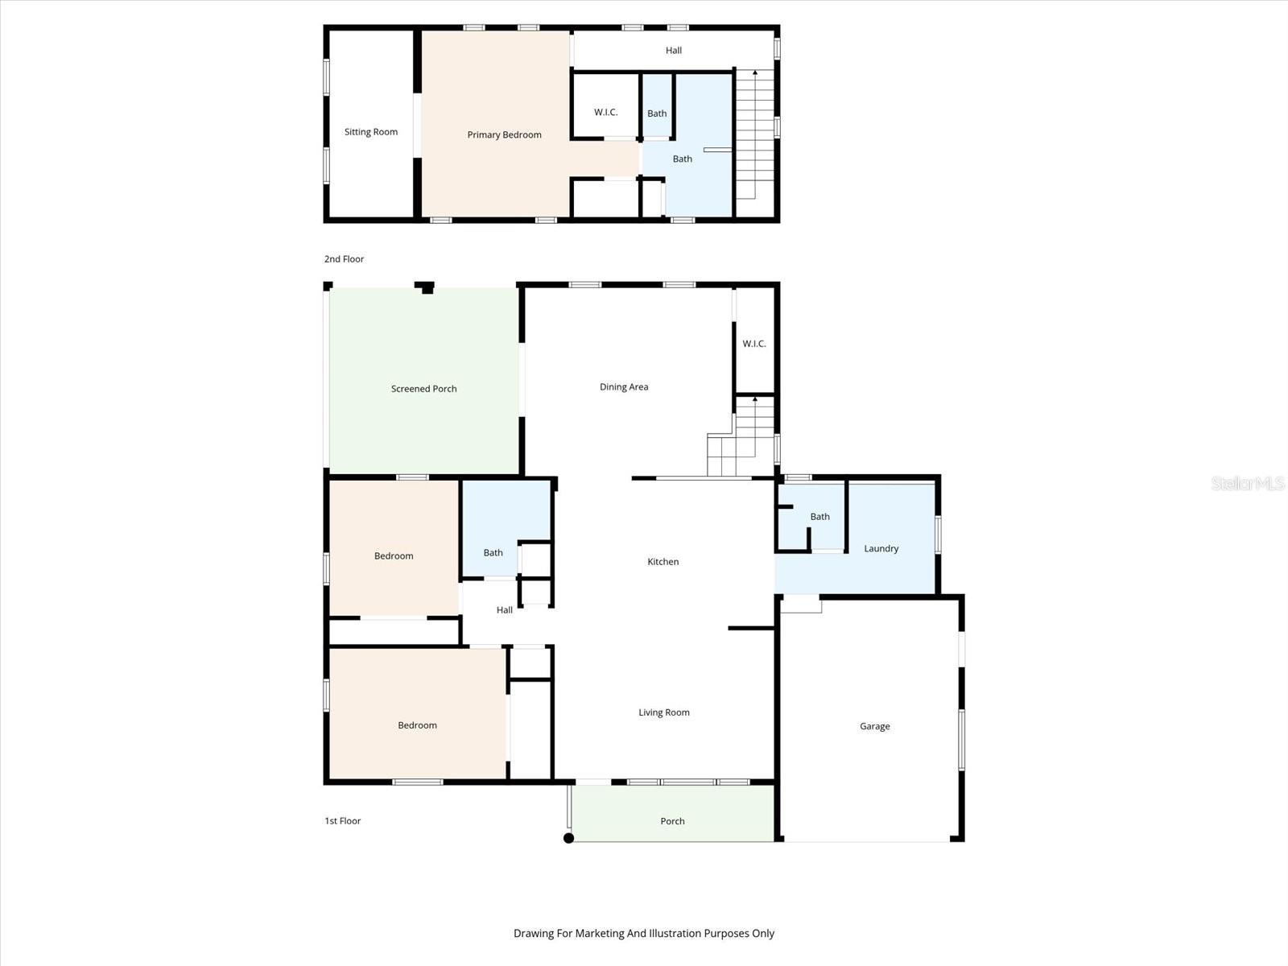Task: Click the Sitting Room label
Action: pos(370,132)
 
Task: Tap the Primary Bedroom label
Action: pos(504,134)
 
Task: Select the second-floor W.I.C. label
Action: pos(605,112)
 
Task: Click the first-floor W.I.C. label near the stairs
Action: pos(753,344)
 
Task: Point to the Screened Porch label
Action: pos(423,389)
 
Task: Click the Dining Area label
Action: pos(623,387)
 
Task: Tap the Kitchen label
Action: pos(663,562)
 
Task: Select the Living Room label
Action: pos(663,712)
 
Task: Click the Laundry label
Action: pos(881,549)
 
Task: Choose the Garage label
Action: pos(874,726)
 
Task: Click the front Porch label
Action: pos(672,821)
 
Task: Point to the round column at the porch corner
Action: pos(568,838)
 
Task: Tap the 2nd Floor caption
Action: pos(344,259)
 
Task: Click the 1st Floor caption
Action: pos(342,821)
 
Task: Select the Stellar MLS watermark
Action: pos(1247,483)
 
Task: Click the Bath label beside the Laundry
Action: pos(819,517)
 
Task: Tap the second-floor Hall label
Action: pos(673,51)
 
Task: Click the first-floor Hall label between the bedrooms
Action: pos(504,610)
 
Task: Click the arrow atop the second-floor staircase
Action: pos(754,73)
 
